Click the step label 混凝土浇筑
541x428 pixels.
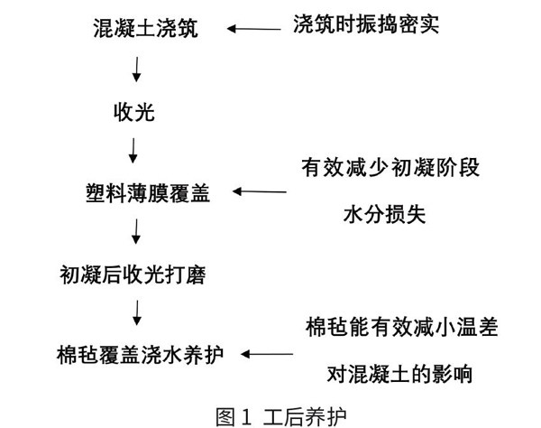[x=145, y=28]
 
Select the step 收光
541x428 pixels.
[x=134, y=112]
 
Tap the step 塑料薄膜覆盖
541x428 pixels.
[x=148, y=192]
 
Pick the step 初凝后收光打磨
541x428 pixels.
[x=133, y=275]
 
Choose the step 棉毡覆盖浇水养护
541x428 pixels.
[x=140, y=355]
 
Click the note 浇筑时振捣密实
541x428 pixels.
[x=366, y=24]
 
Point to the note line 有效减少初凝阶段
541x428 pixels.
[x=390, y=168]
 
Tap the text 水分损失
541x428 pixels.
[x=385, y=214]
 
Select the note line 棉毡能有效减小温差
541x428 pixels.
[x=401, y=327]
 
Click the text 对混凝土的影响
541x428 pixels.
[x=399, y=374]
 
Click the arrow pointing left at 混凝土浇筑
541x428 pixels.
[x=253, y=29]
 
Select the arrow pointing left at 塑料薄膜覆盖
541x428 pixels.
[x=260, y=191]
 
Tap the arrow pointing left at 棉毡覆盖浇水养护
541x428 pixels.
[x=267, y=354]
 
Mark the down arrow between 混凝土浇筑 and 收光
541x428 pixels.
[x=137, y=70]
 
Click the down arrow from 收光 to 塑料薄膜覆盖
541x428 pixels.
[x=133, y=151]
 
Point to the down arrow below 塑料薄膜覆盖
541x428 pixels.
[x=136, y=231]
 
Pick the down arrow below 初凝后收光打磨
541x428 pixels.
[x=137, y=312]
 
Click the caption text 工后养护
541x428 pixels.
[x=305, y=417]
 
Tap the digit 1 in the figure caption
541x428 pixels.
[x=246, y=417]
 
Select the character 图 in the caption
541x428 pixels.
[x=226, y=417]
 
